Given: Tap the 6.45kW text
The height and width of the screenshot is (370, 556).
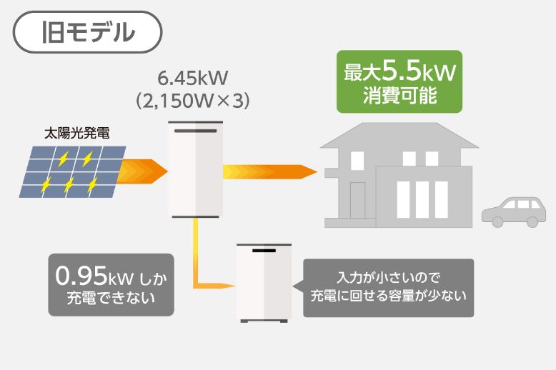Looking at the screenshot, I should click(192, 76).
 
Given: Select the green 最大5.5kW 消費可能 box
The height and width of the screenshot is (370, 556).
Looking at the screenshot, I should click(399, 81).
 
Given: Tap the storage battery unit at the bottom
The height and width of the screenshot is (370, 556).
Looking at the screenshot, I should click(264, 283).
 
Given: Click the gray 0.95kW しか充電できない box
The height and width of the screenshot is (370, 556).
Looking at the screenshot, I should click(111, 285).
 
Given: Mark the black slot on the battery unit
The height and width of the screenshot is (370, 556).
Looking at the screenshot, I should click(264, 252).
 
